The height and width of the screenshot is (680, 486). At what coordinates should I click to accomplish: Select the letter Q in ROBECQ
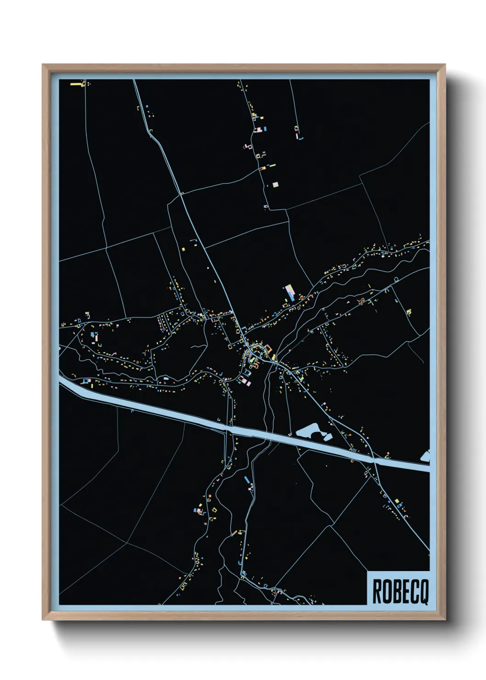424,592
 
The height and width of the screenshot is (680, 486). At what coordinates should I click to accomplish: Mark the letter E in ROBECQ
405,592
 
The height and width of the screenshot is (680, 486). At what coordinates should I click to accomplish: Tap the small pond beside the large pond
327,436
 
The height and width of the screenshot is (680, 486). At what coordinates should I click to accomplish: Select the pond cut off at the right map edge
425,456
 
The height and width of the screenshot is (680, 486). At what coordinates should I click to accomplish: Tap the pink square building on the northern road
275,184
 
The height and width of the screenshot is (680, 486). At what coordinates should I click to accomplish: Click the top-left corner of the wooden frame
43,65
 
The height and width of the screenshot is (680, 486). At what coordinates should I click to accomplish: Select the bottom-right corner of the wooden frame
444,619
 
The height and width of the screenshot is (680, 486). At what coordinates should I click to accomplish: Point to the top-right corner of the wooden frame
444,65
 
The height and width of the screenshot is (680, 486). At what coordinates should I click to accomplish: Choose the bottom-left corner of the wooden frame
43,619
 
